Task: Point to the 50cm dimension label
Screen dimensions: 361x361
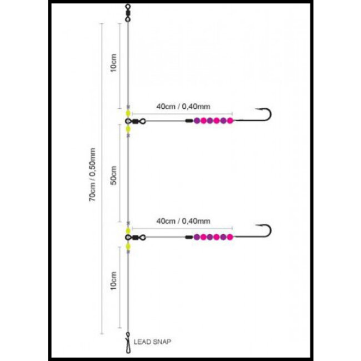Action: coord(113,176)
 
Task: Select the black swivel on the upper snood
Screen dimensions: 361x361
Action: coord(137,121)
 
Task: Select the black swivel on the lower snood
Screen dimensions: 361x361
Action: coord(137,237)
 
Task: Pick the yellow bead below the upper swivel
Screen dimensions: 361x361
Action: coord(128,129)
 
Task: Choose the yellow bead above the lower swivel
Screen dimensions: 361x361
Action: coord(128,229)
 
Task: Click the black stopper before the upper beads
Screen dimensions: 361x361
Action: coord(189,121)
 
